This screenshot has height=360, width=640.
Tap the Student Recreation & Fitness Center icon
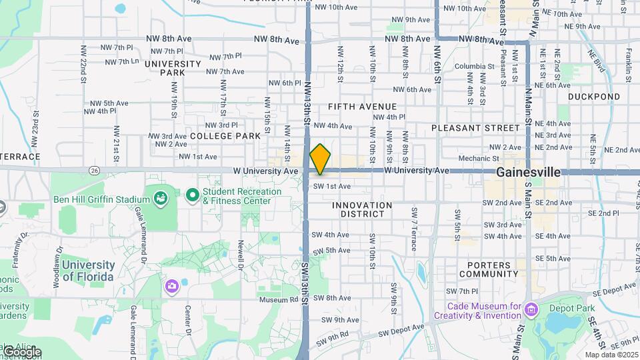193,195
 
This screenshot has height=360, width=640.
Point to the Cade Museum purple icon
531,309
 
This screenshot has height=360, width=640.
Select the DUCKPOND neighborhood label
594,97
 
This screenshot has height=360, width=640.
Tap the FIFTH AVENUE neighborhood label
362,107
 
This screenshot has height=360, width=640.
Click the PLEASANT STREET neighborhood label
475,127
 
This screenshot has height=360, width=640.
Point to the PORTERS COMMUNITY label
488,269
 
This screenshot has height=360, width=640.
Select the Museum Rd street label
278,299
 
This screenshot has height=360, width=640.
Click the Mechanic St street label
479,159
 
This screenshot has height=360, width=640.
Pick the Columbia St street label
475,66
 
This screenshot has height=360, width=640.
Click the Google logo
21,351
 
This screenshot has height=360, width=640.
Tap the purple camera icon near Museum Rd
172,286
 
